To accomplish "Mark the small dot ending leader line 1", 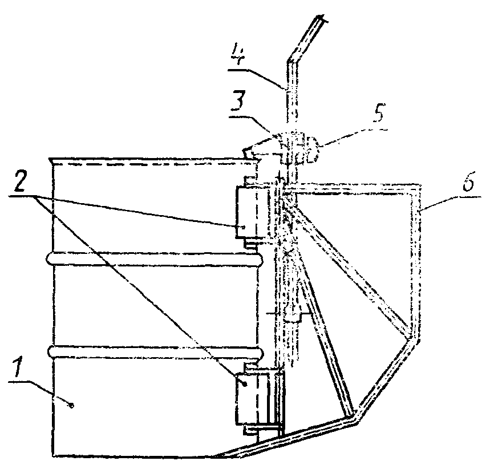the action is coord(71,405).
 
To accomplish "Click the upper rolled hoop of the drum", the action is coord(154,259).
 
